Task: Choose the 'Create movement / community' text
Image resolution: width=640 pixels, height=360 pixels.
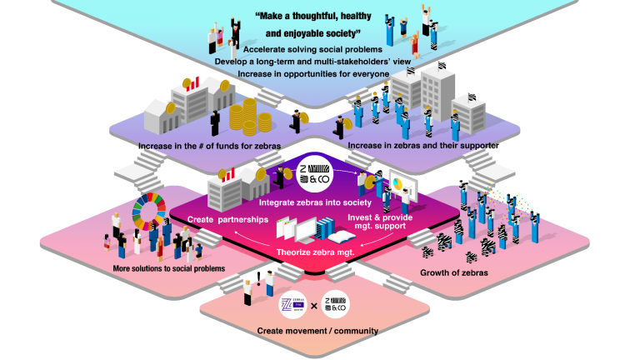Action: (x=317, y=331)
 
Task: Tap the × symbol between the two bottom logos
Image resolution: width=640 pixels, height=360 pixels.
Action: (x=313, y=306)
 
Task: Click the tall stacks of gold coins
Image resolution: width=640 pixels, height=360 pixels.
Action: (x=251, y=118)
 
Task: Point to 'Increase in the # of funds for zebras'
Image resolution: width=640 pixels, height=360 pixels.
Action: (x=209, y=147)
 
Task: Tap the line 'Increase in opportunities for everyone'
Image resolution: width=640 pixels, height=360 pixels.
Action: (x=313, y=73)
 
